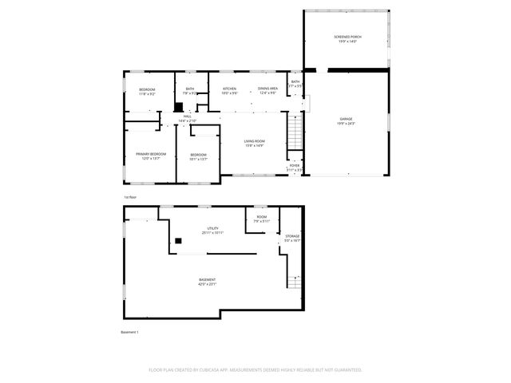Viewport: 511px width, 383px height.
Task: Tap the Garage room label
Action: point(345,121)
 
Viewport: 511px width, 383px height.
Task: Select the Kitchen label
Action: point(229,90)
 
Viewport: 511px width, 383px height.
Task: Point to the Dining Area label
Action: point(267,90)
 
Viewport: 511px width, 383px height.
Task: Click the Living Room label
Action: point(254,144)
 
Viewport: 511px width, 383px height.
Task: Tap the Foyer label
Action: point(295,168)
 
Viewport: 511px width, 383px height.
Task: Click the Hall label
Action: point(188,118)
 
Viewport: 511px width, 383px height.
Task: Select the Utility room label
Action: point(213,231)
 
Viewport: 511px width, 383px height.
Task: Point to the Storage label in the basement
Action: point(293,238)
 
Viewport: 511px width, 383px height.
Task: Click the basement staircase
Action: point(295,282)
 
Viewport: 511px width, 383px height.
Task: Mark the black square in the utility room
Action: point(178,239)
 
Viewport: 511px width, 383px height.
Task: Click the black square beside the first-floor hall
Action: point(179,107)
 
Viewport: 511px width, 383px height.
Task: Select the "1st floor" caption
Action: point(130,196)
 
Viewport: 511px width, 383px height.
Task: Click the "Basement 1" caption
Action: point(129,332)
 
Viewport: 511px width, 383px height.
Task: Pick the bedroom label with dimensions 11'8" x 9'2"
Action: point(147,91)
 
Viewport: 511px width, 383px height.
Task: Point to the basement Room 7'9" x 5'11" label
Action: point(262,219)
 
